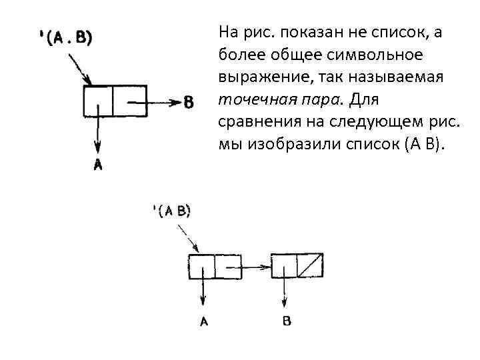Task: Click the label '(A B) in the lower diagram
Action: click(172, 211)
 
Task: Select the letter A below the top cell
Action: click(98, 165)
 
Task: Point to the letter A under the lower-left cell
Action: click(204, 321)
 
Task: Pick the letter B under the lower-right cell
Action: click(286, 321)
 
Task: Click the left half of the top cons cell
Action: click(98, 101)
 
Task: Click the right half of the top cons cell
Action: click(129, 101)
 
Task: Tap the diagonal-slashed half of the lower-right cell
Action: click(311, 265)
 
